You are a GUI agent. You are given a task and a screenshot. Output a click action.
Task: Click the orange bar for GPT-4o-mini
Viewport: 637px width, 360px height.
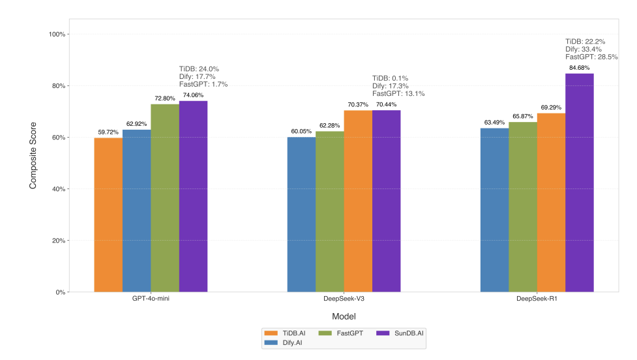pos(108,215)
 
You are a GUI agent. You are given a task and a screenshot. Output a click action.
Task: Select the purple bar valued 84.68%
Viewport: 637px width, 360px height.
pos(580,183)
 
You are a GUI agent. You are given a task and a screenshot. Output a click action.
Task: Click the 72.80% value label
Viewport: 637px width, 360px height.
pos(165,98)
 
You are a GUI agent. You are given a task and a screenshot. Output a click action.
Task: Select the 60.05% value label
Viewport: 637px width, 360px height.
pos(302,131)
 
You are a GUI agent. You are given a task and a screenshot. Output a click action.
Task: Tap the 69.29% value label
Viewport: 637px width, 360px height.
pos(551,108)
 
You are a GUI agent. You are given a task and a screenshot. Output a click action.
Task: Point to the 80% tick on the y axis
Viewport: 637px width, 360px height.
pos(59,86)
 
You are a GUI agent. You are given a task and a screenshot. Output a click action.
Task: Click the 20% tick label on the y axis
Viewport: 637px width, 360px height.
pos(59,241)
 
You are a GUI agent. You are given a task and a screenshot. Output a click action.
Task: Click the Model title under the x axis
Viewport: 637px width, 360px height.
pos(344,316)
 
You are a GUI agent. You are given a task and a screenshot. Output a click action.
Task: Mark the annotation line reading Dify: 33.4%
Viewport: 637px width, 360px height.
pos(584,49)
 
